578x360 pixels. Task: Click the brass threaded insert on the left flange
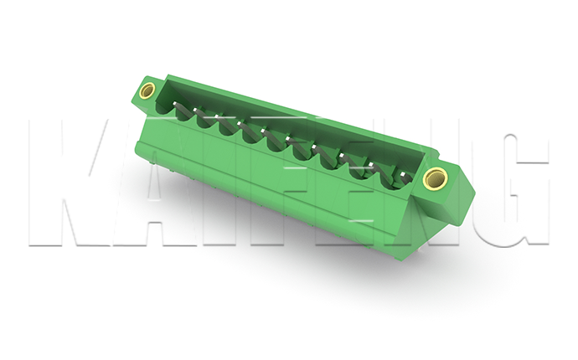[147, 90]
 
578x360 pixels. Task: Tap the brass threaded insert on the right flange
[436, 178]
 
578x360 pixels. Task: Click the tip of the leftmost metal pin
[174, 105]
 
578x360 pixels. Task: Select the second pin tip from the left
[195, 110]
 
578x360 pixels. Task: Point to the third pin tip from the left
[217, 116]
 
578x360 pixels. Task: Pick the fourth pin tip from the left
[240, 123]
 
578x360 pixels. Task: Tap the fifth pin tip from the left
[263, 131]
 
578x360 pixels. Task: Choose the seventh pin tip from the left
[313, 147]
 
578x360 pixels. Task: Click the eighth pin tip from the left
[342, 155]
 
